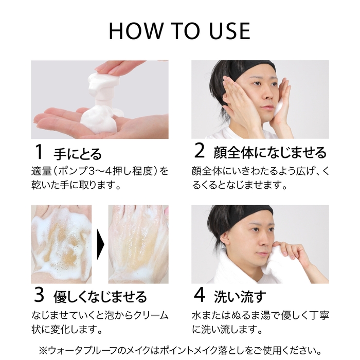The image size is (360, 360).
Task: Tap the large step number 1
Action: tap(38, 152)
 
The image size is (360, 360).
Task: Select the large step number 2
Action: tap(200, 152)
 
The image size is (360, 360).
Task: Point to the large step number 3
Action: tap(39, 296)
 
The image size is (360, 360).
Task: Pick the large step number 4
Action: tap(200, 296)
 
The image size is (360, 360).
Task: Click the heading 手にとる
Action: tap(78, 154)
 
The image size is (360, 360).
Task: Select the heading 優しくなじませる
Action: tap(100, 297)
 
